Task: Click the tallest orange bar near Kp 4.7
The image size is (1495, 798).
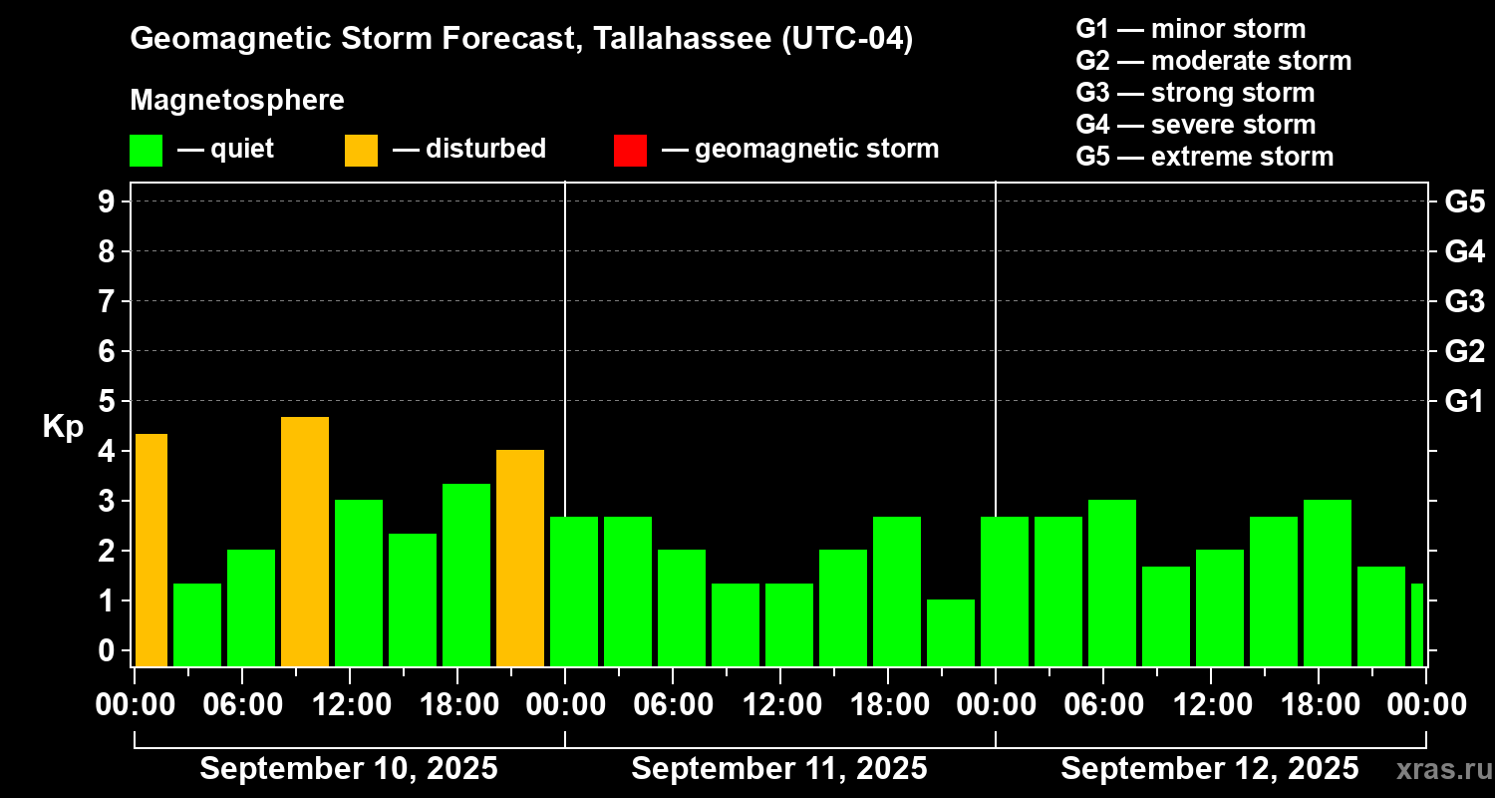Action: [305, 541]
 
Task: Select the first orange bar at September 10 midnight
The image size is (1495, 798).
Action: [150, 550]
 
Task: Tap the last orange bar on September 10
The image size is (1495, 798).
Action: [520, 558]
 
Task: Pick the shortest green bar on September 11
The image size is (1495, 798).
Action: [951, 632]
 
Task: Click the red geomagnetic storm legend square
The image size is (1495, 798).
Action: [630, 150]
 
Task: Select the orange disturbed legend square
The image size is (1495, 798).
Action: [361, 150]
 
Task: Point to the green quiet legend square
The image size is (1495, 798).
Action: [146, 150]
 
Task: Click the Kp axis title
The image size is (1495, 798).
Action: [62, 426]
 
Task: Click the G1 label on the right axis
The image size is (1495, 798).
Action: [1464, 401]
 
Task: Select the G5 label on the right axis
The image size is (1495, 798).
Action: [1464, 201]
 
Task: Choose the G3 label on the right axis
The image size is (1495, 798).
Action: [1464, 301]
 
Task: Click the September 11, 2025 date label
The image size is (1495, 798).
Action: [779, 769]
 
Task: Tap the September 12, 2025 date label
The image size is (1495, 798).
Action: [1209, 769]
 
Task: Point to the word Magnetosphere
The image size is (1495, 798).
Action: [237, 101]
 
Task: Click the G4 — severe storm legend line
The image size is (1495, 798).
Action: [1196, 125]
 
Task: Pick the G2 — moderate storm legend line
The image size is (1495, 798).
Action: [1214, 61]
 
